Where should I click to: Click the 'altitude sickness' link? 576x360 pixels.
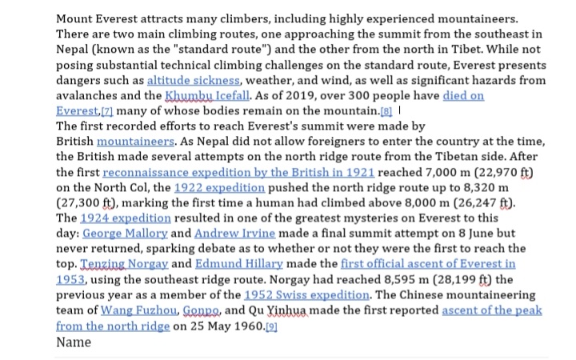193,81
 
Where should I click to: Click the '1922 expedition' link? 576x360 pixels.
221,187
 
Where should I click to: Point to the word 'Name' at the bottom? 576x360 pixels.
74,342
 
